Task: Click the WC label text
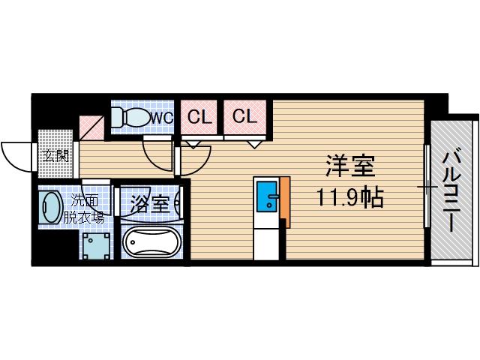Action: coord(162,118)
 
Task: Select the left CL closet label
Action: coord(199,117)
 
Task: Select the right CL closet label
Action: coord(243,116)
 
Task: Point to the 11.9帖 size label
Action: coord(349,198)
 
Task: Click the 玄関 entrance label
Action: coord(55,156)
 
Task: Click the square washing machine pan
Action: coord(95,244)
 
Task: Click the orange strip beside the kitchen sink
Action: coord(284,202)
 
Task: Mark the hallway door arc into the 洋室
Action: coord(159,157)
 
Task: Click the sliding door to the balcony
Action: coord(427,187)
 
